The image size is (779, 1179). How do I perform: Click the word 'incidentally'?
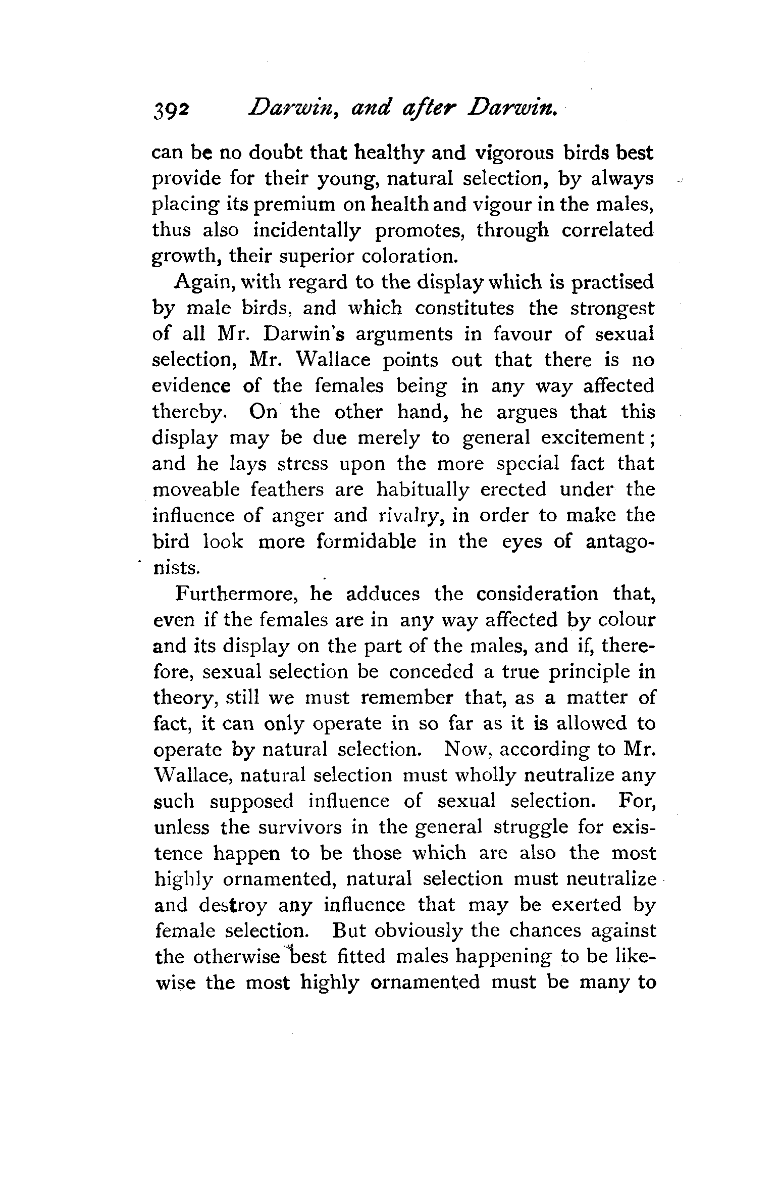click(x=307, y=230)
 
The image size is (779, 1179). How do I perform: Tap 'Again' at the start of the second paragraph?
click(x=200, y=282)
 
